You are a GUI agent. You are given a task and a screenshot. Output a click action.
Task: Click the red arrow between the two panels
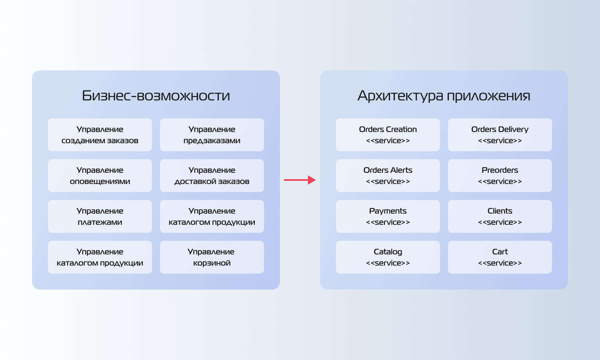point(300,180)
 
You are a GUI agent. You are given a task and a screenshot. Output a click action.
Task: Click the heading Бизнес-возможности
point(156,96)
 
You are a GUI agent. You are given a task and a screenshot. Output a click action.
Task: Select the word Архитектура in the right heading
point(400,96)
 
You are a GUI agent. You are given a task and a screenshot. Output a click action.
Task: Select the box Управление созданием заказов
point(100,135)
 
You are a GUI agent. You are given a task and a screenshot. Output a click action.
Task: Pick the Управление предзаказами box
point(212,135)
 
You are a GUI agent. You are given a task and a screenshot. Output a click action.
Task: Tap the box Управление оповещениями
point(100,176)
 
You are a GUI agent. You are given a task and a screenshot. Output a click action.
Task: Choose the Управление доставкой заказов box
point(212,176)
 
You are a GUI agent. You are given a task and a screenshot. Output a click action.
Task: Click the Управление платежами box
point(100,216)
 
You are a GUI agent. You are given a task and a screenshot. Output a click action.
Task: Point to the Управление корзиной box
point(212,257)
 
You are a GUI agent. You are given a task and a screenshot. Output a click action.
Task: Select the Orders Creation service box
point(388,135)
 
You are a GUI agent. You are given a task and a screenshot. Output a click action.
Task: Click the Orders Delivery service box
point(500,135)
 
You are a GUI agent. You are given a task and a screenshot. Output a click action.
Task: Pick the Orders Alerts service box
point(388,176)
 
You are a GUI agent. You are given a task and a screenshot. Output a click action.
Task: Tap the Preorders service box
point(500,176)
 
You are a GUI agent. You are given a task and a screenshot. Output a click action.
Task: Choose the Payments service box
point(388,216)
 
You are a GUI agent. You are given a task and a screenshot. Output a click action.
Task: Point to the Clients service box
point(500,216)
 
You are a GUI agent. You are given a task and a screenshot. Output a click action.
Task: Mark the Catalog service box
point(388,257)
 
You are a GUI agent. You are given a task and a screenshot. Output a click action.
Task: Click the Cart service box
point(500,257)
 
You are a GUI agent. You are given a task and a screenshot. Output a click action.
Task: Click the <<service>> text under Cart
point(500,263)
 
